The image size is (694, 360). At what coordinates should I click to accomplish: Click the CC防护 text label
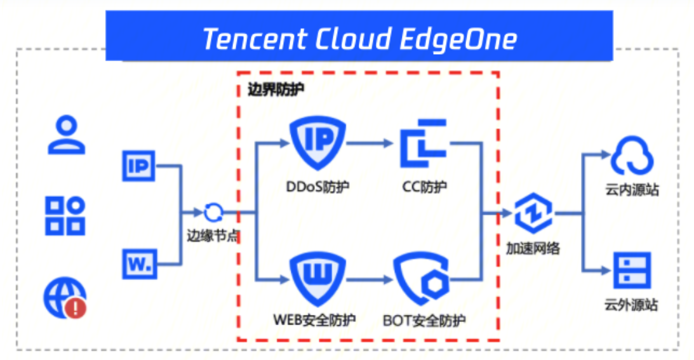click(424, 187)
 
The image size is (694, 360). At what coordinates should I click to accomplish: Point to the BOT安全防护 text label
click(424, 320)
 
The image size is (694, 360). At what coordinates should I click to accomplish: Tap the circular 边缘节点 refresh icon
click(213, 213)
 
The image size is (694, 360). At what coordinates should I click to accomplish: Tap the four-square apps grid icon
click(66, 216)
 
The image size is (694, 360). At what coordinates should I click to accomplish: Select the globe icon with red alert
click(65, 297)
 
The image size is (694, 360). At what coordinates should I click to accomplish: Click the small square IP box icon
click(138, 166)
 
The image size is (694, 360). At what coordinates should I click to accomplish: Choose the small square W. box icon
click(138, 263)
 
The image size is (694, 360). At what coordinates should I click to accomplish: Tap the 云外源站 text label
click(631, 305)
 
